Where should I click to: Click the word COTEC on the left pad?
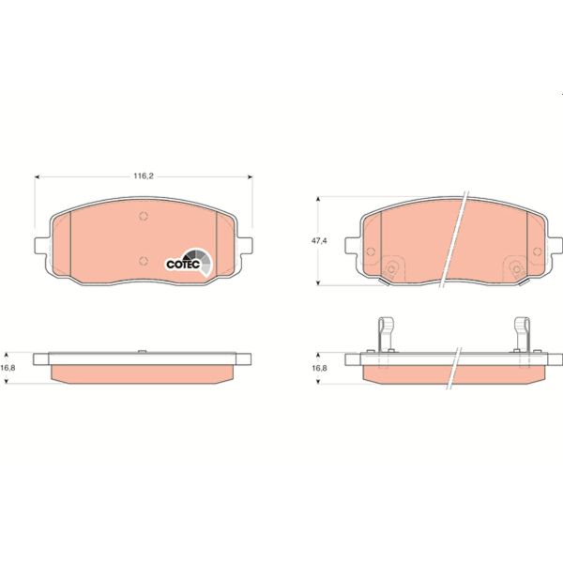(x=180, y=265)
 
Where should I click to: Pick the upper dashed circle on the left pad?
(x=143, y=218)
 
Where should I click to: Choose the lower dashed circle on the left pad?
(x=143, y=262)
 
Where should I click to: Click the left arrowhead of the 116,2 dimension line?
(x=38, y=175)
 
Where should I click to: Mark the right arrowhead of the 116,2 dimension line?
(x=249, y=175)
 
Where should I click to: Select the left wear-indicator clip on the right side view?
(x=383, y=333)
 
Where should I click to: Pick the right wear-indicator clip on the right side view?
(x=521, y=333)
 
